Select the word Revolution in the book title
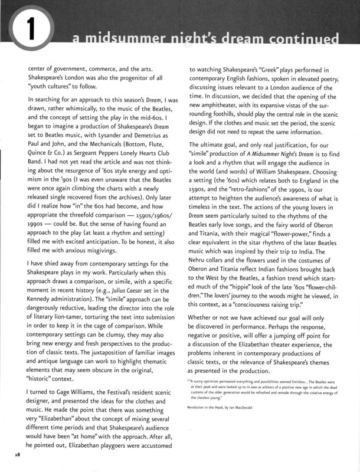tap(199, 407)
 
